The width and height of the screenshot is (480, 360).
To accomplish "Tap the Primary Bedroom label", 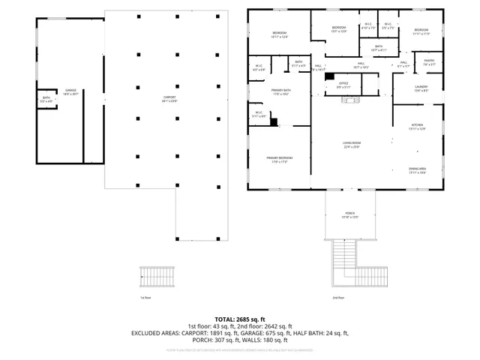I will point(279,159).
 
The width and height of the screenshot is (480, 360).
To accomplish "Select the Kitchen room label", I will point(417,126).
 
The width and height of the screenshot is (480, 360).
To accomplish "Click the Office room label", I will point(343,84).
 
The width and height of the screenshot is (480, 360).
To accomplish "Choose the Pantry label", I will point(429,61).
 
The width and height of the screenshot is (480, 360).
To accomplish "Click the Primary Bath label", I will point(281,92).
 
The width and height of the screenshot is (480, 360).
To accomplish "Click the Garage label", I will point(70,91).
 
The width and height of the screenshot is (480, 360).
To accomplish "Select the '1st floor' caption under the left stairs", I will point(145,298).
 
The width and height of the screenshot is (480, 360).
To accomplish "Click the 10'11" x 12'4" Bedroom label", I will point(280,35).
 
